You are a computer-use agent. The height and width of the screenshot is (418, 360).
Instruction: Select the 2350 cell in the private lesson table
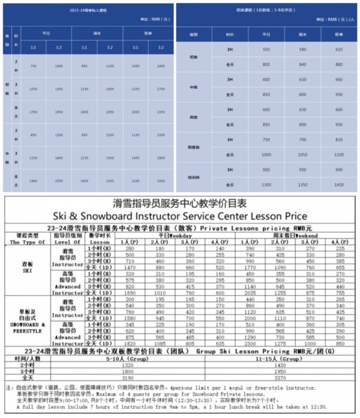[160, 112]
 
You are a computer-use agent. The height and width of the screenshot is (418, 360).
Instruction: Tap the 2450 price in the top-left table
[160, 180]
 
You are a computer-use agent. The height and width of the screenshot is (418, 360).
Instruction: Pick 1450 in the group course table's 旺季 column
[338, 185]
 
